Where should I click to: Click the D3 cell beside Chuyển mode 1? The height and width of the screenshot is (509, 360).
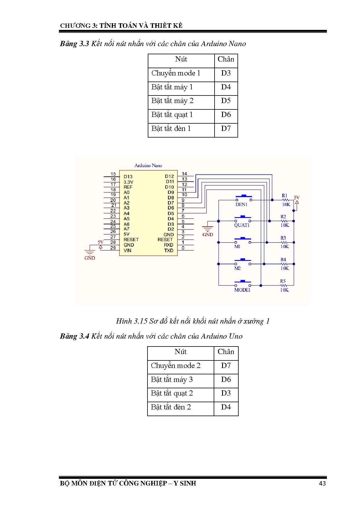[226, 73]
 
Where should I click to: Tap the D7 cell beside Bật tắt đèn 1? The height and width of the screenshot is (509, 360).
[226, 129]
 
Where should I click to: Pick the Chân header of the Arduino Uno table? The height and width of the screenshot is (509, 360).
[226, 352]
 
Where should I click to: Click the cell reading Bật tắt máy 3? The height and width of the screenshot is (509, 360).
[172, 380]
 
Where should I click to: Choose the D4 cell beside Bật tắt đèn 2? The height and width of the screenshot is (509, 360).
[226, 407]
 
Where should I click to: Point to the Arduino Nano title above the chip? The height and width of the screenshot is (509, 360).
[148, 165]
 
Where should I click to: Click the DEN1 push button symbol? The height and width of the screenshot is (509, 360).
[243, 198]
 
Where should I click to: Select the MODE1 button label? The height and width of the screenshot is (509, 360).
[242, 290]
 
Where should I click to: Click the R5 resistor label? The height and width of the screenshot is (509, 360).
[283, 281]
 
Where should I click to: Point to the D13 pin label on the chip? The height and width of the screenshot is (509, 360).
[128, 176]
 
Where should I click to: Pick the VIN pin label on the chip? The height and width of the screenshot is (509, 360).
[127, 250]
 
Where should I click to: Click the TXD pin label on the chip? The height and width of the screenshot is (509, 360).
[169, 250]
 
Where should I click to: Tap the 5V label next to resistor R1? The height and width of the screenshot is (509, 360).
[296, 198]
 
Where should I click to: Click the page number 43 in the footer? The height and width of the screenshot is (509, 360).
[322, 483]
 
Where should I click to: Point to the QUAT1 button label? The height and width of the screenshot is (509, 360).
[242, 225]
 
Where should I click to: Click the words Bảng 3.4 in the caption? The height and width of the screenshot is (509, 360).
[74, 336]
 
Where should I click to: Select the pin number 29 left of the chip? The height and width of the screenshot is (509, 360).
[113, 248]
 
